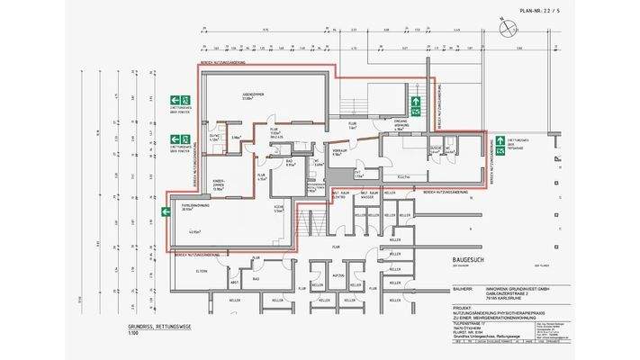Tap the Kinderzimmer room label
218,185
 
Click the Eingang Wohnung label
401,123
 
